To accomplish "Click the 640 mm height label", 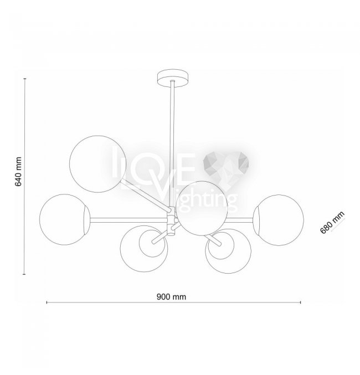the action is tap(18, 172).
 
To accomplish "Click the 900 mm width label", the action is tap(171, 297).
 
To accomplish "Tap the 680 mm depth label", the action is tap(332, 223).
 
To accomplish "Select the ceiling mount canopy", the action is tap(173, 78).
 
